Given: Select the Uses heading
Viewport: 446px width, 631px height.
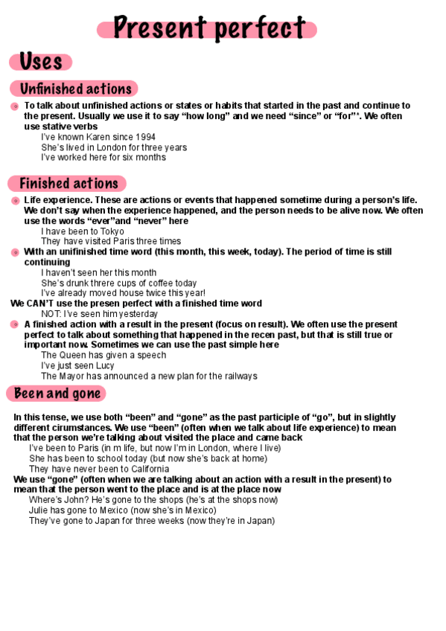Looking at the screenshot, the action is point(41,62).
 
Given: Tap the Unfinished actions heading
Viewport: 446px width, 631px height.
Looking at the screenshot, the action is point(75,89).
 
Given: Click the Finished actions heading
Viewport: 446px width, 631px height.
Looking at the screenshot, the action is point(69,183).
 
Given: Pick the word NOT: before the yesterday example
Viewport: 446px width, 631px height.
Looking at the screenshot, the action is point(52,314).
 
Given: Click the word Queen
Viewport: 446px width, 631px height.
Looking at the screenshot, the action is point(74,355).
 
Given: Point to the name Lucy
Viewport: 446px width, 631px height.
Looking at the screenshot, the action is point(103,365).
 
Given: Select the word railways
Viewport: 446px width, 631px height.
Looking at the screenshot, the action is point(240,376).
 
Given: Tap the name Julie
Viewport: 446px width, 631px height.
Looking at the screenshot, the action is point(39,510).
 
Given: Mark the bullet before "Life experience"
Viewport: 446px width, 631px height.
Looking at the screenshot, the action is point(15,201).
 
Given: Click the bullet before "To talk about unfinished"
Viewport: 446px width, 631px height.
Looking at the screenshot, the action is point(15,107).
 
